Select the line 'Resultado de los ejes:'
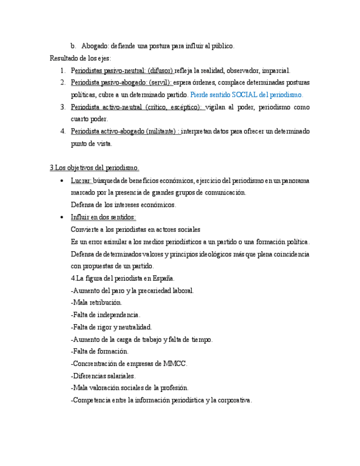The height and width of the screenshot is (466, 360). tap(80, 58)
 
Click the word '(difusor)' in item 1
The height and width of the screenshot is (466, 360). tap(160, 70)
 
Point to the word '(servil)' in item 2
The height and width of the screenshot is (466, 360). tap(160, 82)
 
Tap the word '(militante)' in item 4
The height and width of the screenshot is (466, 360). tap(161, 131)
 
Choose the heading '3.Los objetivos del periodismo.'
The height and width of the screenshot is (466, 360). tap(95, 168)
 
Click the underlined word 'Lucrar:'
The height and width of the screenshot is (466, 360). tap(81, 180)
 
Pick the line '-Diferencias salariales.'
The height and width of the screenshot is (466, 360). tap(103, 375)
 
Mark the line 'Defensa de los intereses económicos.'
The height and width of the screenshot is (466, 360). tap(123, 204)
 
